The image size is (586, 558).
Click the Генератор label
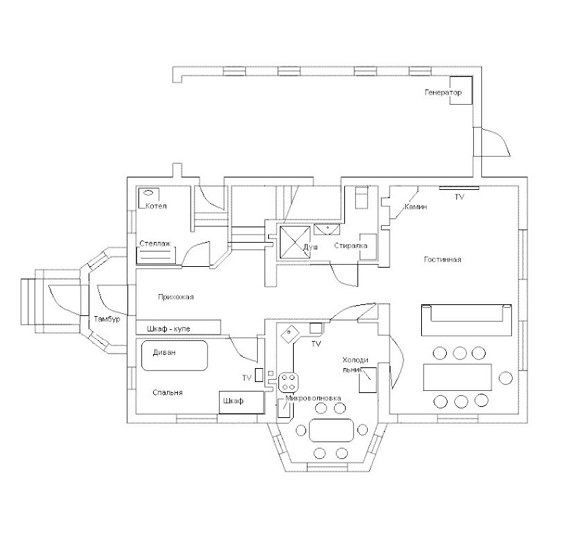tap(444, 93)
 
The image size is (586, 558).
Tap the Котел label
tap(156, 206)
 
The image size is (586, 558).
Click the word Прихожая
tap(176, 297)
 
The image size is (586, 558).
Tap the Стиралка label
tap(351, 246)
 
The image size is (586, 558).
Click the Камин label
tap(416, 208)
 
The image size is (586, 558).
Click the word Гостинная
tap(442, 260)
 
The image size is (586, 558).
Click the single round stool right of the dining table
tap(505, 378)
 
